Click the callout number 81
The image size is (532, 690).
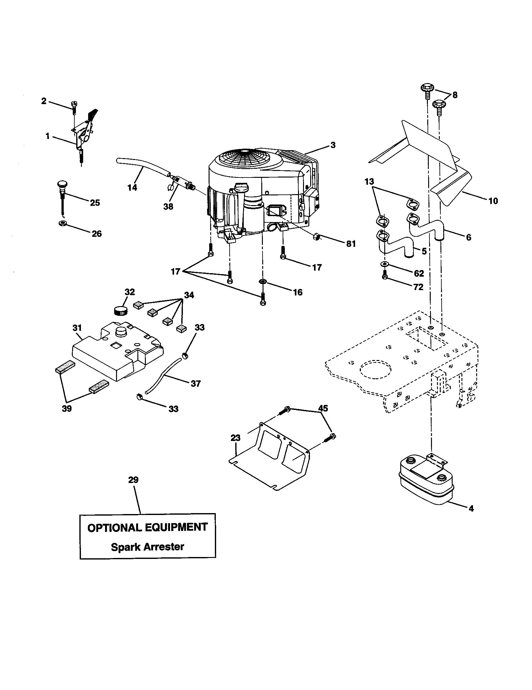(x=351, y=244)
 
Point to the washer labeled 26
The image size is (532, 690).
(x=62, y=224)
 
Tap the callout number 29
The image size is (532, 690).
(x=133, y=489)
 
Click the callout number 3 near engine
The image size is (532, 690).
(x=333, y=145)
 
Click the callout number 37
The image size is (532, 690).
(x=195, y=384)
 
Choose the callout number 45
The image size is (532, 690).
(x=322, y=408)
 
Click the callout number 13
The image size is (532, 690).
(x=369, y=182)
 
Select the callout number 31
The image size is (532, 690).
(x=77, y=328)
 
